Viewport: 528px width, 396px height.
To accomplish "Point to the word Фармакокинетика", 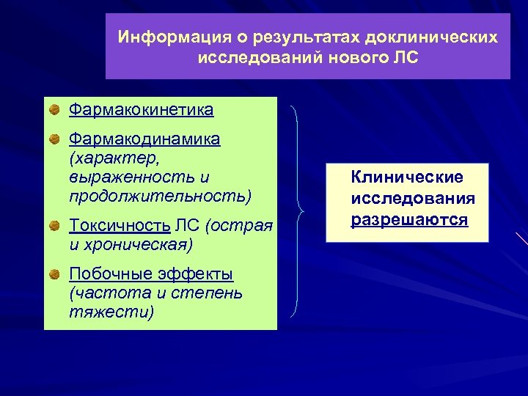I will [x=141, y=110].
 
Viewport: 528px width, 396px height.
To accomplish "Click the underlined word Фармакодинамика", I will [x=144, y=139].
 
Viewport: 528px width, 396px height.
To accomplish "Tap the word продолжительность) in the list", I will [x=160, y=197].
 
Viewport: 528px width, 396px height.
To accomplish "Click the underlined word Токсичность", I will [x=120, y=224].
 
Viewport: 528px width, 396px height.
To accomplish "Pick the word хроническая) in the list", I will [x=139, y=243].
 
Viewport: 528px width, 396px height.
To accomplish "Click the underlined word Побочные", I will [x=111, y=274].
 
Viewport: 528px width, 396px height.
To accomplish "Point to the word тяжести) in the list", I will [x=111, y=312].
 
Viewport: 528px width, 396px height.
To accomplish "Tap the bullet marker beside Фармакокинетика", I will [x=55, y=111].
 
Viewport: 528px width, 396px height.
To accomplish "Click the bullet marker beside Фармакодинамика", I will [x=55, y=139].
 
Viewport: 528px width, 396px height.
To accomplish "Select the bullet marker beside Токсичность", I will [x=55, y=225].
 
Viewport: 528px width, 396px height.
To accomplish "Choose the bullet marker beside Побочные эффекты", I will [x=55, y=274].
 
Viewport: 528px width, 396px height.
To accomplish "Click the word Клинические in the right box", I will [x=407, y=177].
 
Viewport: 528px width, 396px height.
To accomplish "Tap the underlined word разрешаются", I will [x=409, y=219].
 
